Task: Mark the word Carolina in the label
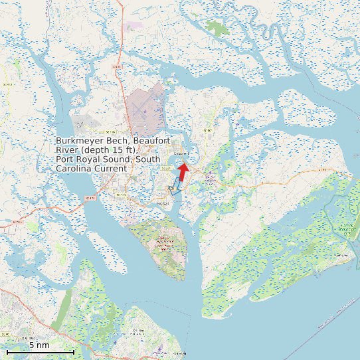72,169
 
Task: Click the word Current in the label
109,169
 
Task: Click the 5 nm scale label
39,345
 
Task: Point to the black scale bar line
40,351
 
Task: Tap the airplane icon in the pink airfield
144,110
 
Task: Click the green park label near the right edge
346,229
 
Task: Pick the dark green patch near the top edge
215,27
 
